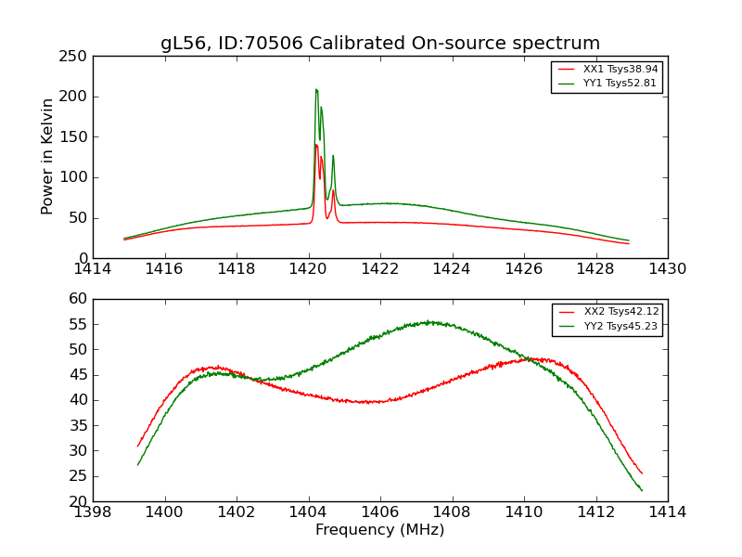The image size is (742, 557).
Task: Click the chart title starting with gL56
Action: pyautogui.click(x=380, y=44)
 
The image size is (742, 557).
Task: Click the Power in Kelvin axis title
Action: pyautogui.click(x=48, y=157)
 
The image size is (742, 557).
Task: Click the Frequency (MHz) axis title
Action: pyautogui.click(x=380, y=530)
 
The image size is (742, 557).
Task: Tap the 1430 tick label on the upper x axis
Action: pyautogui.click(x=668, y=269)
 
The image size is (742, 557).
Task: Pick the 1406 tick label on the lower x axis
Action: pyautogui.click(x=380, y=512)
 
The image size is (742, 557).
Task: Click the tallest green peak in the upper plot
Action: pyautogui.click(x=316, y=90)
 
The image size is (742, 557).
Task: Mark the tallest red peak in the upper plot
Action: pyautogui.click(x=315, y=145)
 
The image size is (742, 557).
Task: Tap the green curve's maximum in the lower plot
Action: pyautogui.click(x=429, y=322)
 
